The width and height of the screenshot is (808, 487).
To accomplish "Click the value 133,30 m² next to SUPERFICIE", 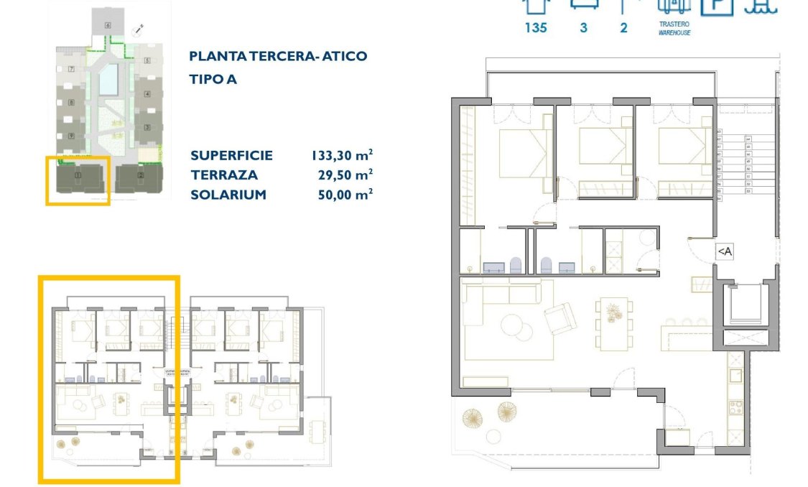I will (x=342, y=155).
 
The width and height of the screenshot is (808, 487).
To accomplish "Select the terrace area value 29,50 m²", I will (x=345, y=175).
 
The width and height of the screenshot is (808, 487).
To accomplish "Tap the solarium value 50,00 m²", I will (x=345, y=195).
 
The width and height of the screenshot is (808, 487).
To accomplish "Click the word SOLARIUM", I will (x=228, y=195).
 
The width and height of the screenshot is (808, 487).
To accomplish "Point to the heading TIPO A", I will (x=213, y=79).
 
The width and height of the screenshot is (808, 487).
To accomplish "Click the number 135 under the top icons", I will (x=536, y=28).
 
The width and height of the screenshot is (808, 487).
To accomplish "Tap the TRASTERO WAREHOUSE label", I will (x=674, y=29).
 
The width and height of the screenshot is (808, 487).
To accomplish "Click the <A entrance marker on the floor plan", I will (x=724, y=251).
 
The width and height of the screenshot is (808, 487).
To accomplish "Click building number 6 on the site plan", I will (x=108, y=25).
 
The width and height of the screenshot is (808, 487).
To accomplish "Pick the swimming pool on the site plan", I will (x=108, y=79).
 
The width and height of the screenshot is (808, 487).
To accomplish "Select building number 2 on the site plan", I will (x=141, y=175).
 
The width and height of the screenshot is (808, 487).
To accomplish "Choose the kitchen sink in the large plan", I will (x=736, y=375).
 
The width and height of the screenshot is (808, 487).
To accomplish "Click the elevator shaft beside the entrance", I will (x=744, y=304).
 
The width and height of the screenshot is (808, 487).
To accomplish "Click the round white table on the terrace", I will (x=493, y=436).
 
